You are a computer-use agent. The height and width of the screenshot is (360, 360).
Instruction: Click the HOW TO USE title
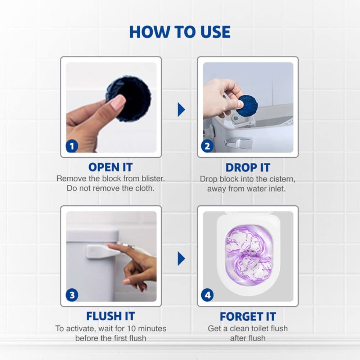click(x=180, y=32)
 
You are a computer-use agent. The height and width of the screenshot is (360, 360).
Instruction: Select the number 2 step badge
click(x=207, y=146)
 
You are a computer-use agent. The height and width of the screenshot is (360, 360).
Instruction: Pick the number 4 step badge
click(x=207, y=295)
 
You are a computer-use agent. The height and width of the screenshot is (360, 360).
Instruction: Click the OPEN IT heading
click(x=111, y=167)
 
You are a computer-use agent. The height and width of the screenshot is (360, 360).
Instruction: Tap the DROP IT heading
click(x=248, y=167)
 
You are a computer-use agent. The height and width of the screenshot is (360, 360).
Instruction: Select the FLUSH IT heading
click(x=111, y=316)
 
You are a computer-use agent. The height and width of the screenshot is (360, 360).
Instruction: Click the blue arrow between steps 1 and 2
click(x=181, y=109)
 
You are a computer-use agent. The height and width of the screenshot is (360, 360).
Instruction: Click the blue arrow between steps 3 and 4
click(x=181, y=258)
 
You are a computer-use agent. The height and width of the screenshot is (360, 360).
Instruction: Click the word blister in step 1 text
click(x=151, y=179)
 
